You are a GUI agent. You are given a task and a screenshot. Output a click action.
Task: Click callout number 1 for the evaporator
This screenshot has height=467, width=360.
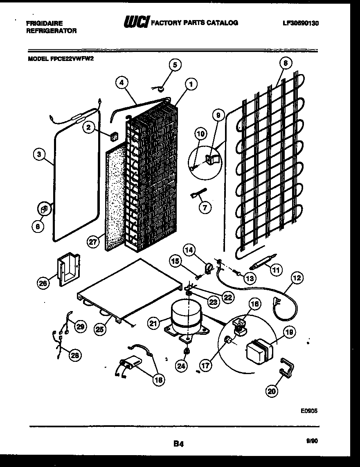pos(191,84)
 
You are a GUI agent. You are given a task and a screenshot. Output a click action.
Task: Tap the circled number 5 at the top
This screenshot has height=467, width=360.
pos(175,65)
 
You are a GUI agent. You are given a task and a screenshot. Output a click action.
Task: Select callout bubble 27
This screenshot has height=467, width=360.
pos(94,242)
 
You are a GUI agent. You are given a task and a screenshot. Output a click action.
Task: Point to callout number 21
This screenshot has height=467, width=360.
pos(153,324)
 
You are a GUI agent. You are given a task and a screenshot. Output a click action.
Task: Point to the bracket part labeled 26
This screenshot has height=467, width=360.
pos(67,269)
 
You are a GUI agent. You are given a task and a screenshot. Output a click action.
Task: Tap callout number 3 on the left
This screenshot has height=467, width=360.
pos(39,154)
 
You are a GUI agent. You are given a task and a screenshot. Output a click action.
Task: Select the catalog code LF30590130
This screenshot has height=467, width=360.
pos(300,23)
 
